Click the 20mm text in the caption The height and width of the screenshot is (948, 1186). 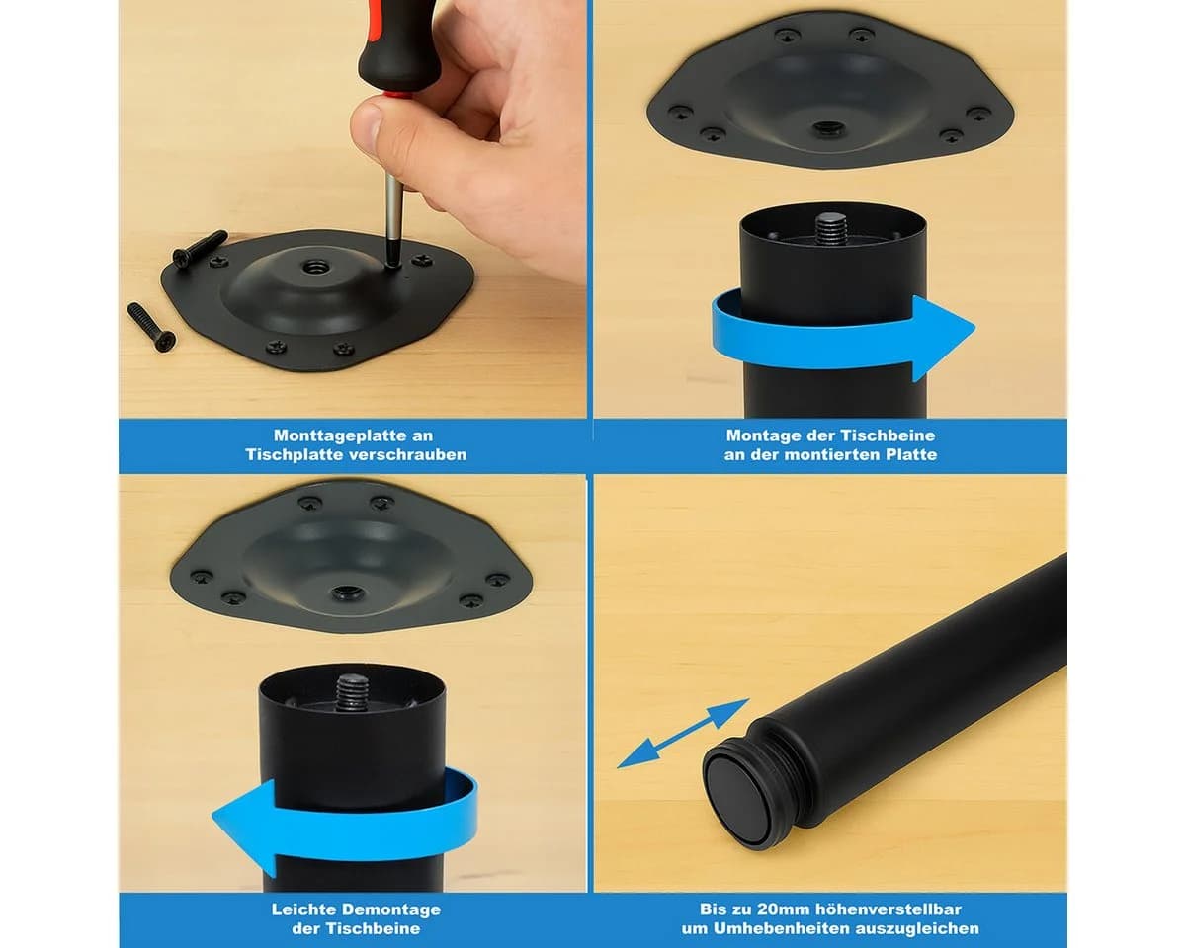click(x=783, y=908)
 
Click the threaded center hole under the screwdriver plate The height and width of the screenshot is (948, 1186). click(x=314, y=269)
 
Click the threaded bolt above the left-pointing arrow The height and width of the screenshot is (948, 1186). click(x=352, y=692)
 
